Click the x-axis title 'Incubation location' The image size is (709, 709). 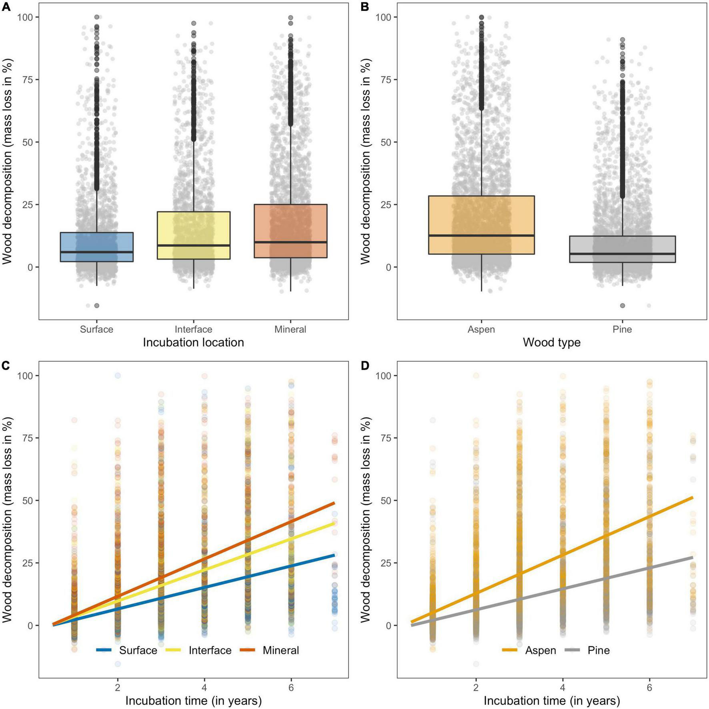[x=193, y=342]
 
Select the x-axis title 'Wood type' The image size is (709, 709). [x=551, y=342]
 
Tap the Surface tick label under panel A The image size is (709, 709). [x=96, y=329]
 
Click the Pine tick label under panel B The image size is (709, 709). [x=622, y=329]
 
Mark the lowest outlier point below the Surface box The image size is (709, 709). [x=96, y=306]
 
